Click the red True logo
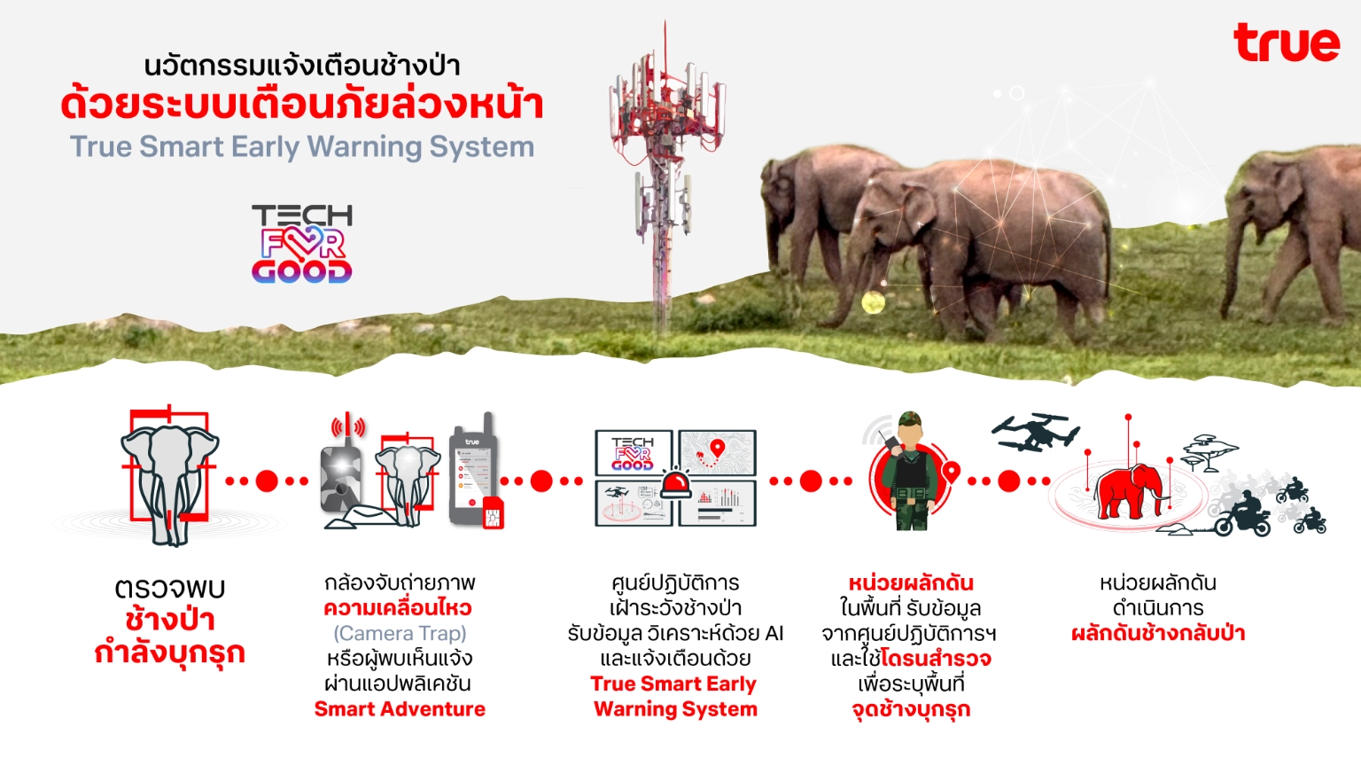click(1287, 43)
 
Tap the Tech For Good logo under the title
click(302, 244)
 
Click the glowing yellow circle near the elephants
click(873, 302)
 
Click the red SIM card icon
click(493, 512)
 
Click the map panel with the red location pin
click(717, 452)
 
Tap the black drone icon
click(1036, 432)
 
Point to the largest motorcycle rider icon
click(1241, 514)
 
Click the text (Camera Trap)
click(400, 634)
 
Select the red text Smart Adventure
click(400, 709)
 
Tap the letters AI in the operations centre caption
click(774, 634)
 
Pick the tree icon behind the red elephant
click(1209, 453)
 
